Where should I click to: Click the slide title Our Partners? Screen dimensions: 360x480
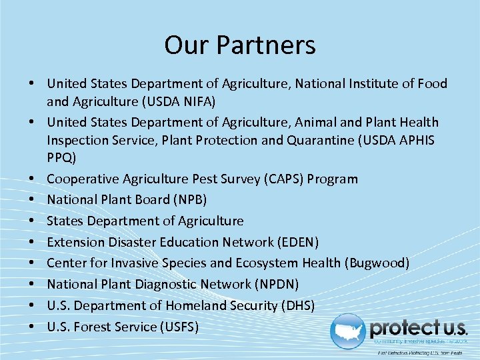[240, 45]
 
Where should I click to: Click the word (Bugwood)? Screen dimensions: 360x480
[377, 263]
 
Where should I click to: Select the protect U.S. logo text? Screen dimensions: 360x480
[418, 327]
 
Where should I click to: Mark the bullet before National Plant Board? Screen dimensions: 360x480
[31, 200]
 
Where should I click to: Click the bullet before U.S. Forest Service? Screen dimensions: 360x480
[31, 327]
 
